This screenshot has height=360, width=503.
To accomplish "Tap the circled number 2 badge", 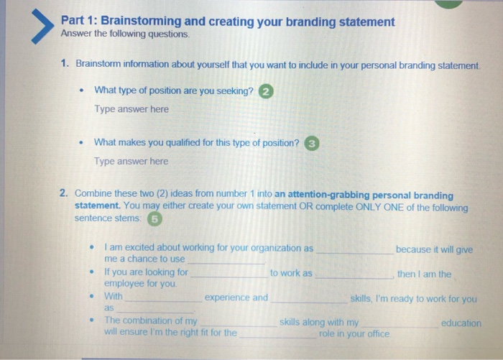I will tap(266, 91).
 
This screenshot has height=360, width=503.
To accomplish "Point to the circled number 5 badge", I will tap(154, 219).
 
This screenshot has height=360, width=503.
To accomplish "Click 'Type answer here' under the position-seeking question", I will tap(131, 109).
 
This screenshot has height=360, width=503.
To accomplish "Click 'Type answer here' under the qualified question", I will tap(131, 161).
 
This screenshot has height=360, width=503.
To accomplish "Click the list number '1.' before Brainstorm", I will tap(65, 63).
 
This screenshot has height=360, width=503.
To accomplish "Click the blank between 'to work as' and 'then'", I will tap(354, 277).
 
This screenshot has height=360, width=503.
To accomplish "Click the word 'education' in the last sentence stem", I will tap(461, 323).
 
